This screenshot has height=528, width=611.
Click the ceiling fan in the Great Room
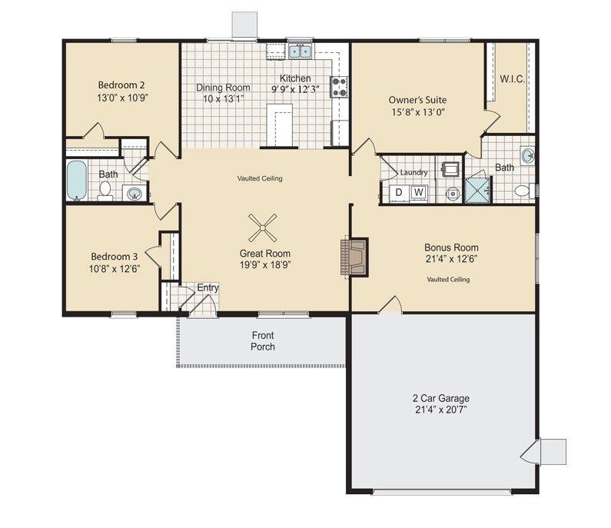click(x=263, y=225)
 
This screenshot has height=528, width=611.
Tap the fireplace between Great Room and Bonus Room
click(x=354, y=256)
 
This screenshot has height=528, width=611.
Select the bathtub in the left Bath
click(x=78, y=181)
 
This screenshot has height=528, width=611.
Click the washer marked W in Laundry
click(x=419, y=192)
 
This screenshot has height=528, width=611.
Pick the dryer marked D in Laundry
click(x=398, y=192)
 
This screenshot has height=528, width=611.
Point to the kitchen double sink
click(x=300, y=51)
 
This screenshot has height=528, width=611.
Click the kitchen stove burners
click(x=339, y=87)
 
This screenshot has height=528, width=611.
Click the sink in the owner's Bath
click(x=528, y=155)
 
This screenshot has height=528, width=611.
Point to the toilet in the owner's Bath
click(x=523, y=190)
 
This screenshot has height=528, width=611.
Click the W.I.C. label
click(x=513, y=78)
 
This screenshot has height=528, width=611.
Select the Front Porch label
click(x=262, y=340)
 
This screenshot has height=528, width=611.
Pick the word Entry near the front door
click(x=208, y=287)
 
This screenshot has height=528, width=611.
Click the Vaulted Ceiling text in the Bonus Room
click(x=448, y=279)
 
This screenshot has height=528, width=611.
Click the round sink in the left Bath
click(x=134, y=192)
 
